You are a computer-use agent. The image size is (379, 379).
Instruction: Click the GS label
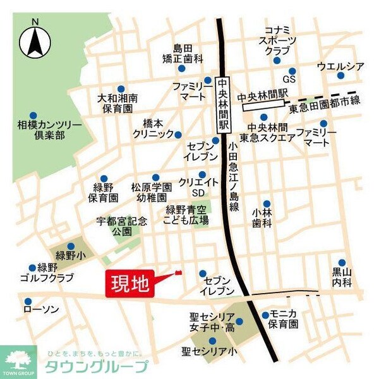(x=289, y=80)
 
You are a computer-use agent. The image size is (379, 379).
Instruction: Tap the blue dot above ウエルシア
(x=340, y=76)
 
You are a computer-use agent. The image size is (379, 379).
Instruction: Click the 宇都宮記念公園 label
(x=121, y=226)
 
